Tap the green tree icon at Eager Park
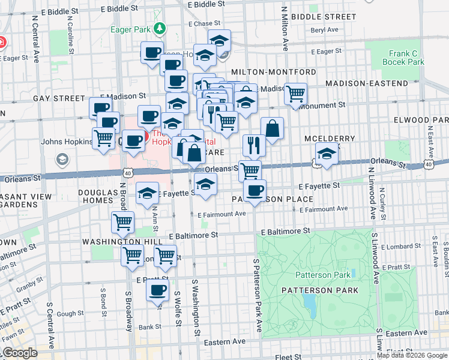[160, 28]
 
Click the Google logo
[19, 353]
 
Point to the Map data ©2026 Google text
[412, 355]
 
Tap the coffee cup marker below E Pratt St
[158, 291]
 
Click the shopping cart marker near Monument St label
[295, 94]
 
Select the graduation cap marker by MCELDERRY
[327, 154]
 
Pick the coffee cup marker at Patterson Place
[255, 190]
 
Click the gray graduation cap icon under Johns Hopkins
[61, 159]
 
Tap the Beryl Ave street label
[325, 29]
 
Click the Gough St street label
[70, 313]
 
